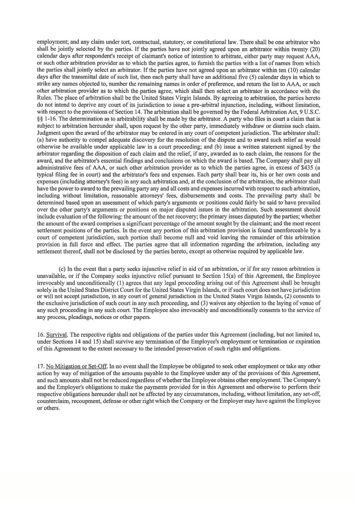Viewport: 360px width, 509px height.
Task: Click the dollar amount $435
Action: pyautogui.click(x=307, y=168)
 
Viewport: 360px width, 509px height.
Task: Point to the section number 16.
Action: pyautogui.click(x=41, y=334)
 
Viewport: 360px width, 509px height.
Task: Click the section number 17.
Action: pyautogui.click(x=41, y=366)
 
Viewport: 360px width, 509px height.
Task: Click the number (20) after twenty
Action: pyautogui.click(x=314, y=49)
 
